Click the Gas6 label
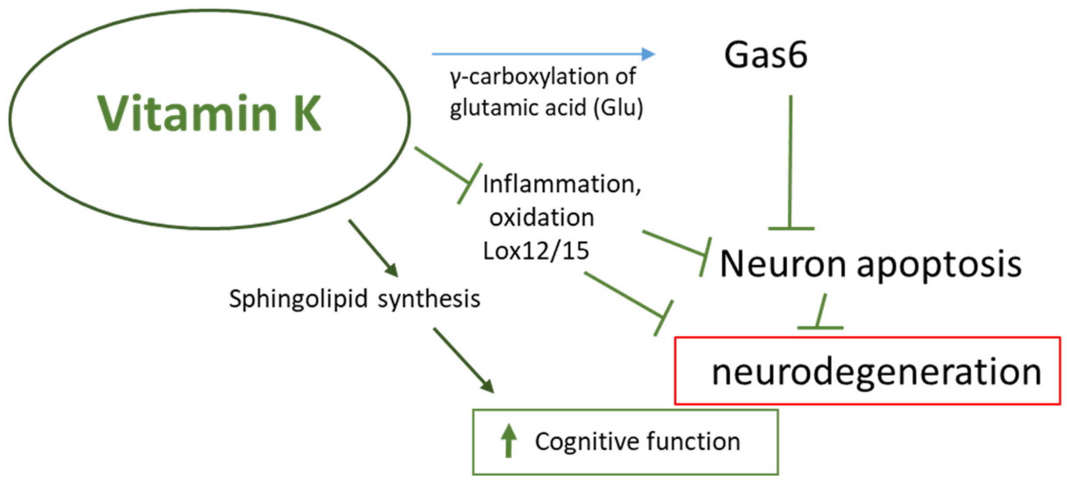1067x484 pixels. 765,55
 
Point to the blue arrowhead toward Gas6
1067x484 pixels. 648,54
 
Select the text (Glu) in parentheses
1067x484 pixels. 618,107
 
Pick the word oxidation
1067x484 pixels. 542,217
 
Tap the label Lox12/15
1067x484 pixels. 535,251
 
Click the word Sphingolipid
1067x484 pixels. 298,299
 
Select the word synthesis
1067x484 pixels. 429,299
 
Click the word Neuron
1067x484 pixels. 783,264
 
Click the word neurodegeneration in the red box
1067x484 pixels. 876,372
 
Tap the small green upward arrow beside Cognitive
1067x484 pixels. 508,440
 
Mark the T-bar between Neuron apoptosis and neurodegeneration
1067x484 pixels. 820,327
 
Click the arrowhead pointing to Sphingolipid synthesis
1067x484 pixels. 391,270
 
